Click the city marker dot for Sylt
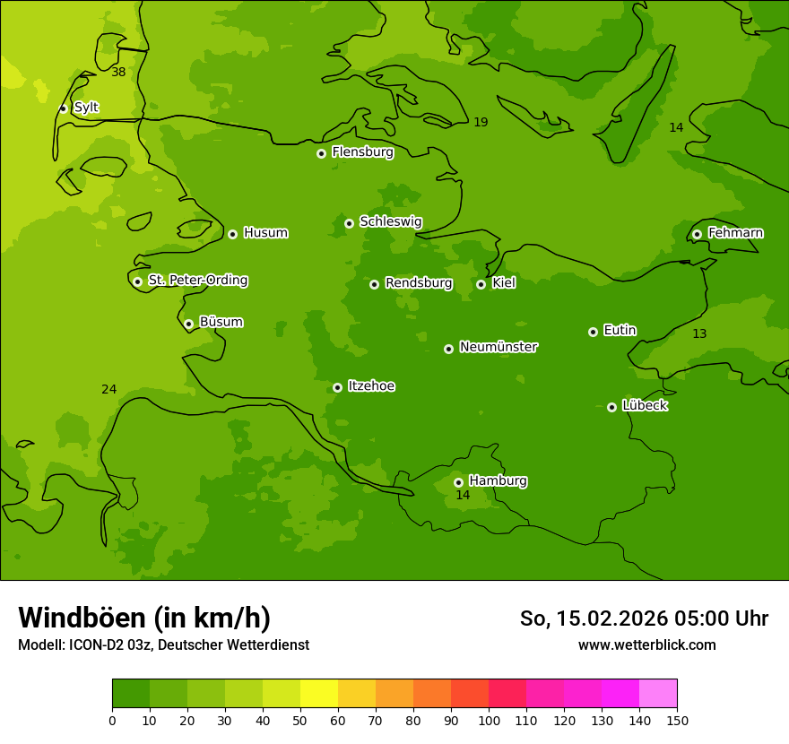[63, 108]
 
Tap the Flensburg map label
[362, 152]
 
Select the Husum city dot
[232, 234]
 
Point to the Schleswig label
[390, 221]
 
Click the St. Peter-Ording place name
[197, 281]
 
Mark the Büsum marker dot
[188, 324]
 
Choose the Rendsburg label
[418, 283]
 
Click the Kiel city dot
[481, 284]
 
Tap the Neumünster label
[498, 347]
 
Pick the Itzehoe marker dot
[337, 387]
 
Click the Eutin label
[620, 331]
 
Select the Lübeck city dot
[611, 407]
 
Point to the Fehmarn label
[735, 233]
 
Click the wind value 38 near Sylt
[118, 73]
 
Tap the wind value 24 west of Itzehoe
[108, 390]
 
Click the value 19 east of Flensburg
[481, 123]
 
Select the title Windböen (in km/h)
[144, 618]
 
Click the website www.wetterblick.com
[646, 645]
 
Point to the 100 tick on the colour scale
[489, 720]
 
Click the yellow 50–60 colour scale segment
[319, 694]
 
